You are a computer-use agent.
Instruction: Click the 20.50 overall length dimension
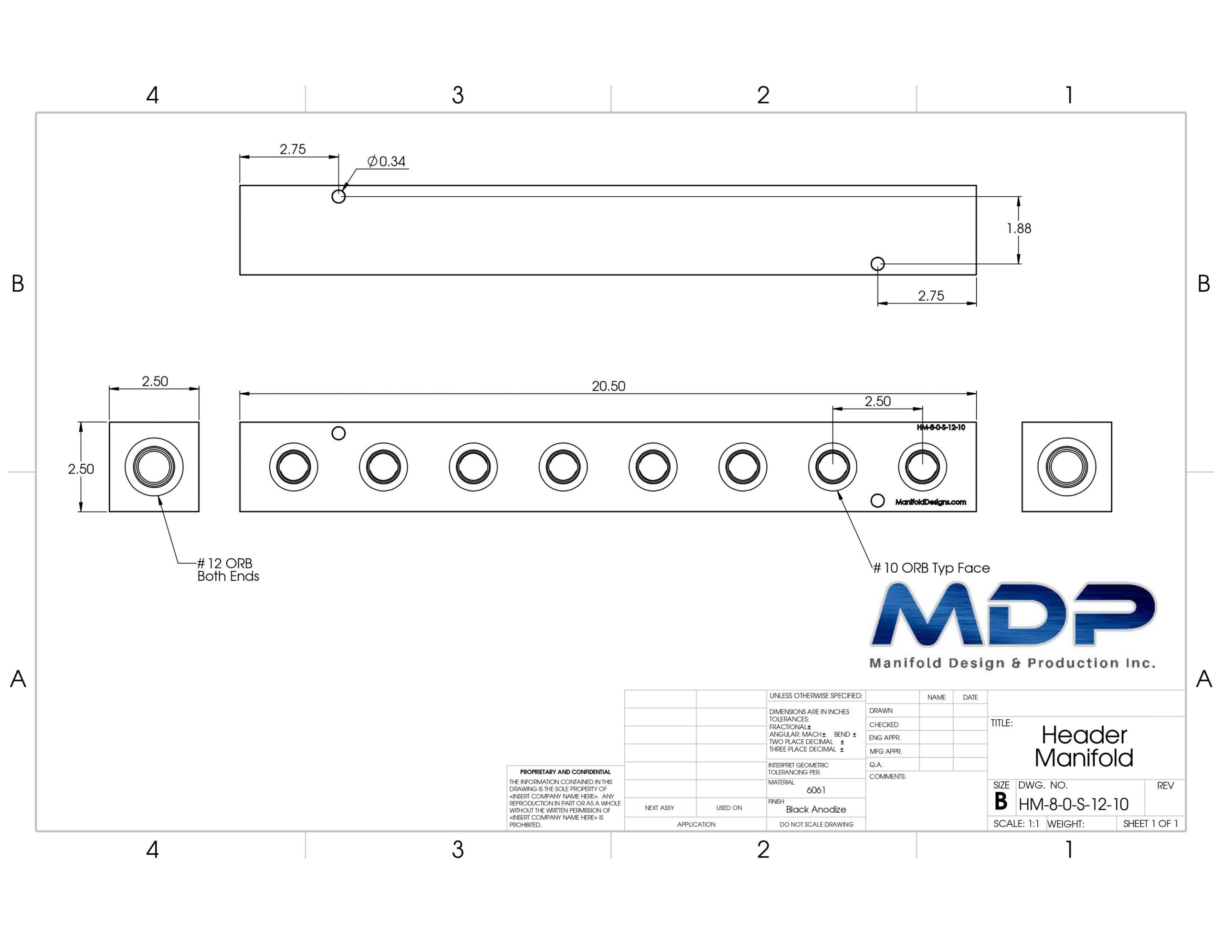pos(608,386)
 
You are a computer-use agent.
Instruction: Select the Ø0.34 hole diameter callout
pos(386,161)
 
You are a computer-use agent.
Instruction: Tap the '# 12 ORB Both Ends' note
pos(228,570)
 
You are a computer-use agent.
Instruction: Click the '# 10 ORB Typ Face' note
pos(932,568)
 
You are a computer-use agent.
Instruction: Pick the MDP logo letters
pos(1013,614)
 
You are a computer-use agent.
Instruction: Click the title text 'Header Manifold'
pos(1084,746)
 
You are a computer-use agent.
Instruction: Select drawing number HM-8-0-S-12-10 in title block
pos(1073,805)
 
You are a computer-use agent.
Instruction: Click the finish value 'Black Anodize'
pos(816,809)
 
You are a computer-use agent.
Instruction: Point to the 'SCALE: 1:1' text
pos(1016,824)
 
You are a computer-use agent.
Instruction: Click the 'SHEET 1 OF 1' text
pos(1150,824)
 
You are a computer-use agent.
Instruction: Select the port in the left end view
pos(154,467)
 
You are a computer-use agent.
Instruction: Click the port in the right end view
pos(1066,467)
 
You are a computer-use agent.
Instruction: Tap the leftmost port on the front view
pos(294,467)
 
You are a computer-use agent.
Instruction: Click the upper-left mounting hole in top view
pos(338,197)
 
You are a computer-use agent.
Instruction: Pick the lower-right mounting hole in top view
pos(877,263)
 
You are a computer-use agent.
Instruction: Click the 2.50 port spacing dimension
pos(877,401)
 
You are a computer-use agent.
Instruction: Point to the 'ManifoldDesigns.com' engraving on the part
pos(930,502)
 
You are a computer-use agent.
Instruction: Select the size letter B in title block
pos(1001,802)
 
